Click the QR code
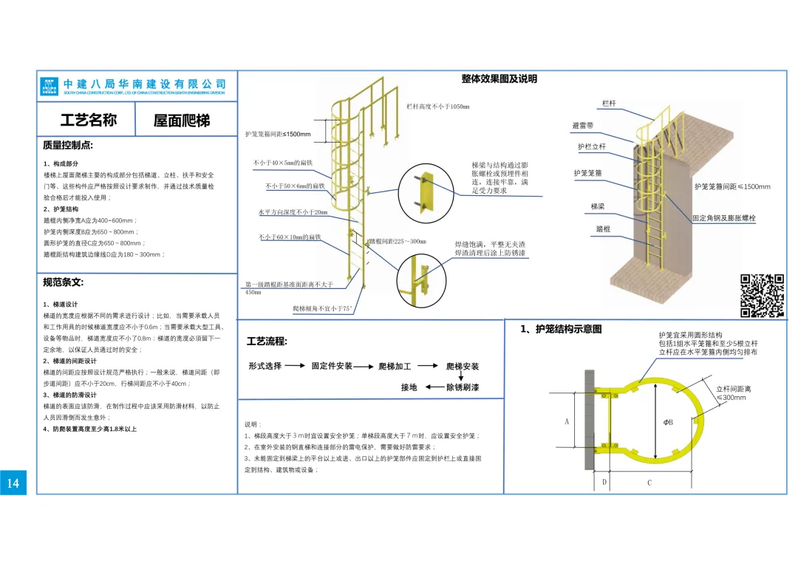[762, 296]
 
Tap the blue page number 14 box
[13, 483]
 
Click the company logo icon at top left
[50, 86]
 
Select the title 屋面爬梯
[182, 120]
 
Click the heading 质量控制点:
[68, 146]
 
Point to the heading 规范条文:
[64, 282]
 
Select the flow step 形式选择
[265, 366]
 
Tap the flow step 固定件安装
[332, 366]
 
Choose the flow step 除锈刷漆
[463, 387]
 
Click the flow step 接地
[409, 387]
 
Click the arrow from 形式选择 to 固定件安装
[296, 366]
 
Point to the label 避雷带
[582, 126]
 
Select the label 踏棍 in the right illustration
[603, 229]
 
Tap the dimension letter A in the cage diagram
[567, 422]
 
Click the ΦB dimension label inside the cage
[668, 422]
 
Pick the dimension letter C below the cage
[649, 483]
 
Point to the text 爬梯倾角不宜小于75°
[323, 308]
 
